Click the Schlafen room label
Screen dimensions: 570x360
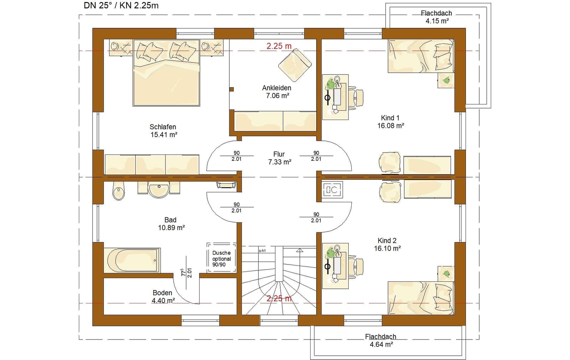tap(163, 131)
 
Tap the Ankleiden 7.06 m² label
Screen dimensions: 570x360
tap(277, 92)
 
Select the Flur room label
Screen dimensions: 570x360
tap(279, 158)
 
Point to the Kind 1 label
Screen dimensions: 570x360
tap(390, 122)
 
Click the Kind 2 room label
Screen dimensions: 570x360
tap(387, 244)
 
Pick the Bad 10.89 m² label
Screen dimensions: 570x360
tap(171, 223)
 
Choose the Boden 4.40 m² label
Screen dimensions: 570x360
tap(163, 297)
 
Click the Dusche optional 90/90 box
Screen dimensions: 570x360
tap(222, 258)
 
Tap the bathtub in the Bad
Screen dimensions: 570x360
tap(132, 260)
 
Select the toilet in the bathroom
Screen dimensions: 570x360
tap(119, 191)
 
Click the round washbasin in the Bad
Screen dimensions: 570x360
tap(159, 189)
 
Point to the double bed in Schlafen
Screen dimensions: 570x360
tap(166, 73)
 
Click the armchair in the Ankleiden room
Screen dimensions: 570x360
tap(295, 65)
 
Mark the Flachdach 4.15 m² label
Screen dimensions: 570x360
tap(436, 17)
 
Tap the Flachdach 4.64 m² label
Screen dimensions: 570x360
tap(381, 340)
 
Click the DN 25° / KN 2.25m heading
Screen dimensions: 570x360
tap(121, 5)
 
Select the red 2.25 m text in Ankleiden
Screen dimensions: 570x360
tap(279, 46)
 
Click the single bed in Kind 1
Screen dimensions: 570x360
tap(421, 56)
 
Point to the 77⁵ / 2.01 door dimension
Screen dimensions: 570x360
tap(186, 272)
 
